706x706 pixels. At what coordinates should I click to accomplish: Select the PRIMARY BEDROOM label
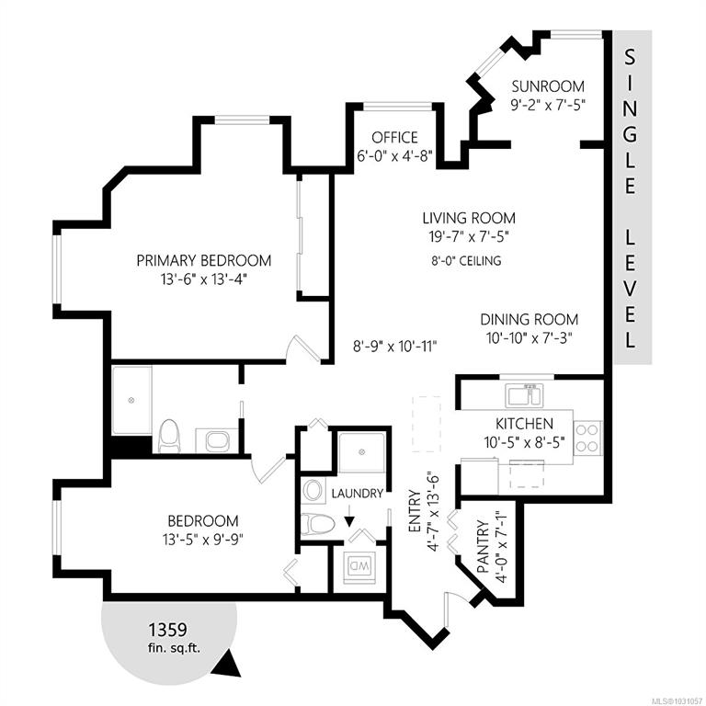[x=204, y=260]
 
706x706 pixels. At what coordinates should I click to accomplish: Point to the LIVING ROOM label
[x=468, y=219]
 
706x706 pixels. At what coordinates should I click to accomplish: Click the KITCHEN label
[x=524, y=424]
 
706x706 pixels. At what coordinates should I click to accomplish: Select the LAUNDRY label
[x=358, y=494]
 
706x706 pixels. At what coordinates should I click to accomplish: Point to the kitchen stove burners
[x=587, y=438]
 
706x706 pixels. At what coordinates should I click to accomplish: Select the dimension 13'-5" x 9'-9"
[x=204, y=540]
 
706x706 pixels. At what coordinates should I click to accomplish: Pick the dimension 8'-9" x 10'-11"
[x=395, y=347]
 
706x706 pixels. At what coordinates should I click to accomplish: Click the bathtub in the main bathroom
[x=131, y=401]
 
